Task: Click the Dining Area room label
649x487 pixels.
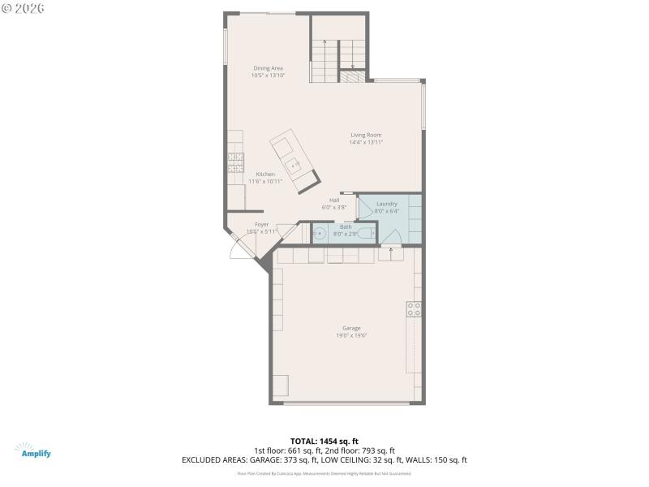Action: [x=268, y=68]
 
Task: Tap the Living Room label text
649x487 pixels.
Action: [x=366, y=135]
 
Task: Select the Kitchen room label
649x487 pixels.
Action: [x=265, y=175]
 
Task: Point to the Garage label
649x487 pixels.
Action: [x=351, y=328]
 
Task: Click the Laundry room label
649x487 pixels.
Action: [x=387, y=204]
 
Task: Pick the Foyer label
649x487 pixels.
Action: [x=261, y=224]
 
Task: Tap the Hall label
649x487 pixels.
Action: [x=334, y=200]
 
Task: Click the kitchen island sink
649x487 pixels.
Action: [x=294, y=165]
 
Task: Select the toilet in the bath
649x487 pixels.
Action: [x=367, y=234]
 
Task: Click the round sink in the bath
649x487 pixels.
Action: [x=318, y=235]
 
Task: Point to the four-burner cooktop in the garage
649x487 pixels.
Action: [x=414, y=308]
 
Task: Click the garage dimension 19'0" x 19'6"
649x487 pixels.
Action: [x=351, y=335]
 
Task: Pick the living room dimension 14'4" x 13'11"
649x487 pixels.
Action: [x=366, y=142]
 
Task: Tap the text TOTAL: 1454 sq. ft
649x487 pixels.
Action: [x=324, y=442]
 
